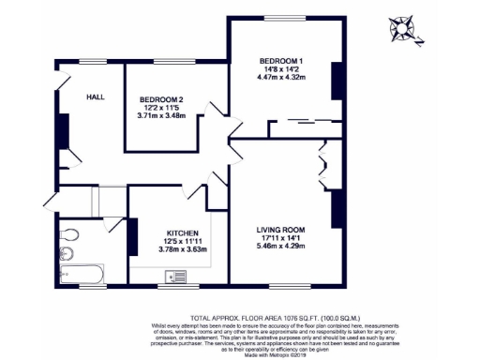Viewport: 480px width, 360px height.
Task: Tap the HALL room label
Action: coord(96,97)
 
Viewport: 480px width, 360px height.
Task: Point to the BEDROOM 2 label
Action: coord(161,99)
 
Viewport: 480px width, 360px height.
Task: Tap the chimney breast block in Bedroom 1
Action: coord(337,81)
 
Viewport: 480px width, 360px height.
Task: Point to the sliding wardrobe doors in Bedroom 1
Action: coord(303,121)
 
